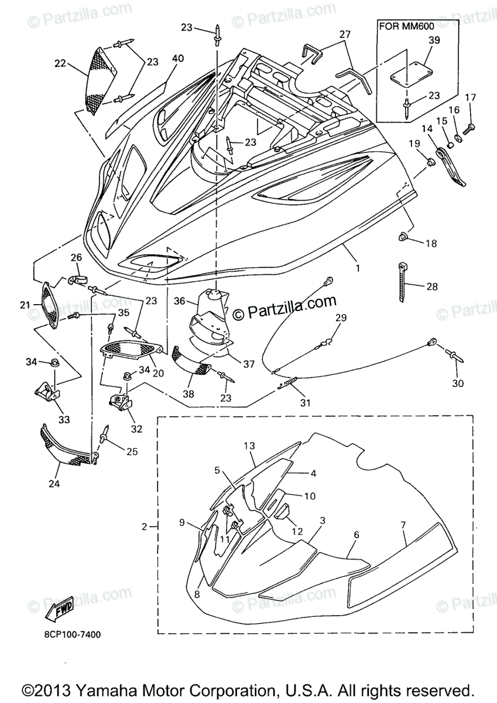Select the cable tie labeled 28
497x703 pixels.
(403, 282)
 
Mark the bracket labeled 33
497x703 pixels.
(49, 389)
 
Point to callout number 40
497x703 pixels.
(177, 59)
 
